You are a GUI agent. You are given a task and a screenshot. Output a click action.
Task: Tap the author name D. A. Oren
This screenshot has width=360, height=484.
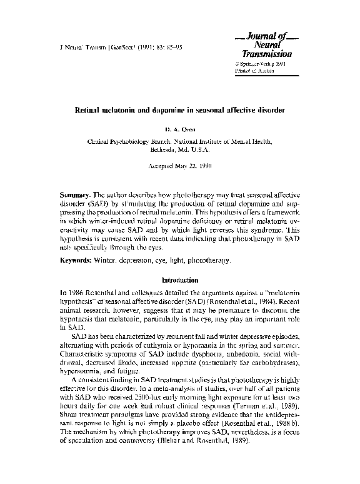click(x=180, y=129)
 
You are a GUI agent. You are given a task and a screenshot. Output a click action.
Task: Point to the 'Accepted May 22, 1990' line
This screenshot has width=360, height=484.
click(x=180, y=167)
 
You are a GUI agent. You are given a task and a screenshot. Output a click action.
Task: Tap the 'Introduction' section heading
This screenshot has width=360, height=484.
click(x=180, y=281)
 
